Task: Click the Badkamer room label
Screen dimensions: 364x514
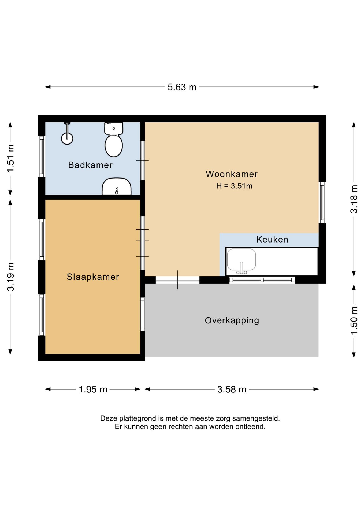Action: coord(90,165)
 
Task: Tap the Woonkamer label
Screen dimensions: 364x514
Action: coord(232,174)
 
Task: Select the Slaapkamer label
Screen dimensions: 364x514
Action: coord(93,277)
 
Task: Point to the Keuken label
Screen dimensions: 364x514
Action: coord(272,239)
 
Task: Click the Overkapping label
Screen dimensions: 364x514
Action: coord(232,320)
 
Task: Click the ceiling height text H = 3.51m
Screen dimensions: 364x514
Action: coord(234,186)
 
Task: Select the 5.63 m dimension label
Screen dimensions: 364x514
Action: coord(182,87)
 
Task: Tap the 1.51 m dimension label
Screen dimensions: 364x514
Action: coord(10,158)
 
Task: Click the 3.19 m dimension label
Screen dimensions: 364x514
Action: coord(10,277)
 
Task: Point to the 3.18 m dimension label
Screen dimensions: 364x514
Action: coord(354,199)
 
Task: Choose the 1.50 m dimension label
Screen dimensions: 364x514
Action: coord(354,320)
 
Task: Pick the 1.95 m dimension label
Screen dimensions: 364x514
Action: coord(93,389)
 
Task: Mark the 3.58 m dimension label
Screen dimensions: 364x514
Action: coord(232,389)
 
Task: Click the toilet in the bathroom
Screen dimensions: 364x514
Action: coord(114,140)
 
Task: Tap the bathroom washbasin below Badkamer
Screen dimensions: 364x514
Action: coord(117,187)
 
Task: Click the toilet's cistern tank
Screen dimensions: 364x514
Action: coord(114,128)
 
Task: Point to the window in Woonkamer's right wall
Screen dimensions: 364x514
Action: coord(322,203)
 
